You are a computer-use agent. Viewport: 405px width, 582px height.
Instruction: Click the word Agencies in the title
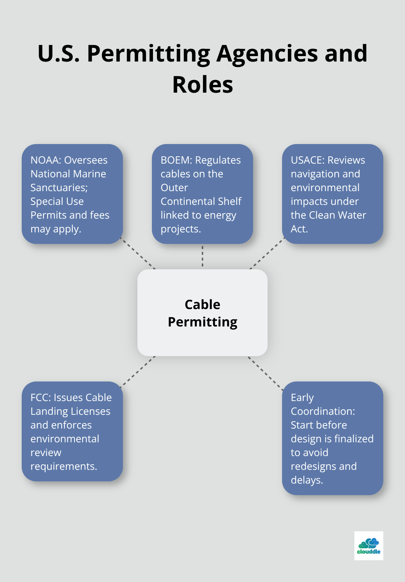[267, 54]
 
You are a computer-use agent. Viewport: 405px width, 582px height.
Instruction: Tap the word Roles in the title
[202, 85]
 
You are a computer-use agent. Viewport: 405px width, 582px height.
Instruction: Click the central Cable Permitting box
[202, 313]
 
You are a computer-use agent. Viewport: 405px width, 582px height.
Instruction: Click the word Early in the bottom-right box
[302, 397]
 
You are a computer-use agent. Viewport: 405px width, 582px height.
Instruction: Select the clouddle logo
[368, 545]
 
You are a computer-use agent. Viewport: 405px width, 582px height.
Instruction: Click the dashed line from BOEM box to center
[202, 256]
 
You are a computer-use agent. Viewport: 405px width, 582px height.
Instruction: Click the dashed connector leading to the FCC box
[138, 371]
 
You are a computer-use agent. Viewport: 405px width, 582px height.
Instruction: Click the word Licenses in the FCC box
[91, 411]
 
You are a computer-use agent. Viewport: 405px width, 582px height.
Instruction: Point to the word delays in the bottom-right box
[306, 480]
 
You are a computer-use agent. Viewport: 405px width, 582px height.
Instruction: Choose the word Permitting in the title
[148, 54]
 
